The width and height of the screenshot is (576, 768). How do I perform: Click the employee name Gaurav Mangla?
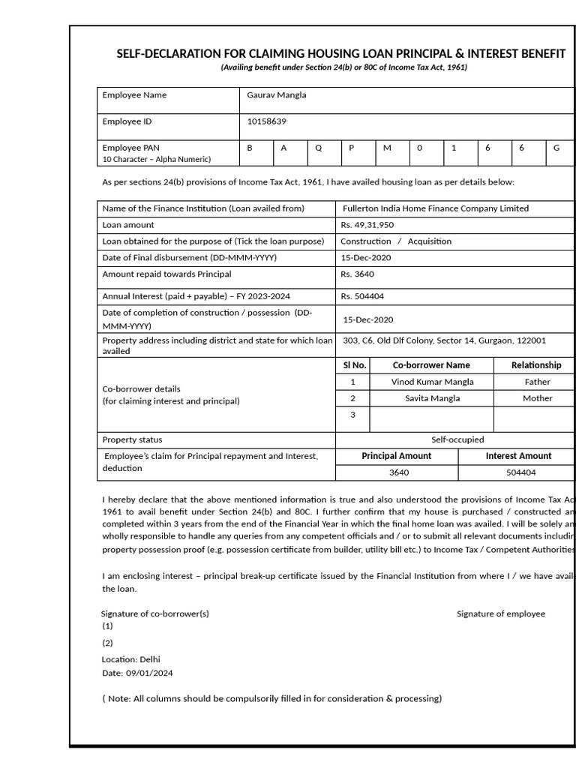click(x=277, y=95)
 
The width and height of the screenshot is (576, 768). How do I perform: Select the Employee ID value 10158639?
click(x=266, y=121)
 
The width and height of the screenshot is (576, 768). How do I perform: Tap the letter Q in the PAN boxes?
click(x=318, y=148)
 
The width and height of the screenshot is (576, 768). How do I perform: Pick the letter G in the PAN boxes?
click(x=556, y=148)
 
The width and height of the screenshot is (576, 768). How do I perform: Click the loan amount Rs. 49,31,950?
click(x=367, y=225)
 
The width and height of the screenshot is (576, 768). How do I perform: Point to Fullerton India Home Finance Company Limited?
click(x=435, y=208)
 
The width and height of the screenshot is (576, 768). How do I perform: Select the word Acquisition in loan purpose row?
click(x=429, y=241)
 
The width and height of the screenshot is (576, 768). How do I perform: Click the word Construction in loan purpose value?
click(x=366, y=241)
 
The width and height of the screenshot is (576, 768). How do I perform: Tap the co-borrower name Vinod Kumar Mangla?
click(x=432, y=382)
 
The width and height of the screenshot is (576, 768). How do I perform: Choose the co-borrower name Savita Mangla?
click(x=432, y=398)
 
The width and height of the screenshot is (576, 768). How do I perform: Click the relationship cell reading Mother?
click(x=537, y=398)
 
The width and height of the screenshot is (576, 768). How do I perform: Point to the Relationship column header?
click(x=536, y=365)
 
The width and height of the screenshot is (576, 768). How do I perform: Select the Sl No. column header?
click(x=354, y=365)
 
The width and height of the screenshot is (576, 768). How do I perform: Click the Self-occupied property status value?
click(x=457, y=439)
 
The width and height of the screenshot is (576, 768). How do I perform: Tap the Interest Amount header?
click(x=518, y=456)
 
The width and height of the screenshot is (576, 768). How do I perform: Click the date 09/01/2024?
click(x=150, y=673)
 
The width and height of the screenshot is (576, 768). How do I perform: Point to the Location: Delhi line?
click(x=130, y=659)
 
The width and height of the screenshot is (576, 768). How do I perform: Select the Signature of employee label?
click(x=501, y=613)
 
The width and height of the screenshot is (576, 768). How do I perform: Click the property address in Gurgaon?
click(x=444, y=340)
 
